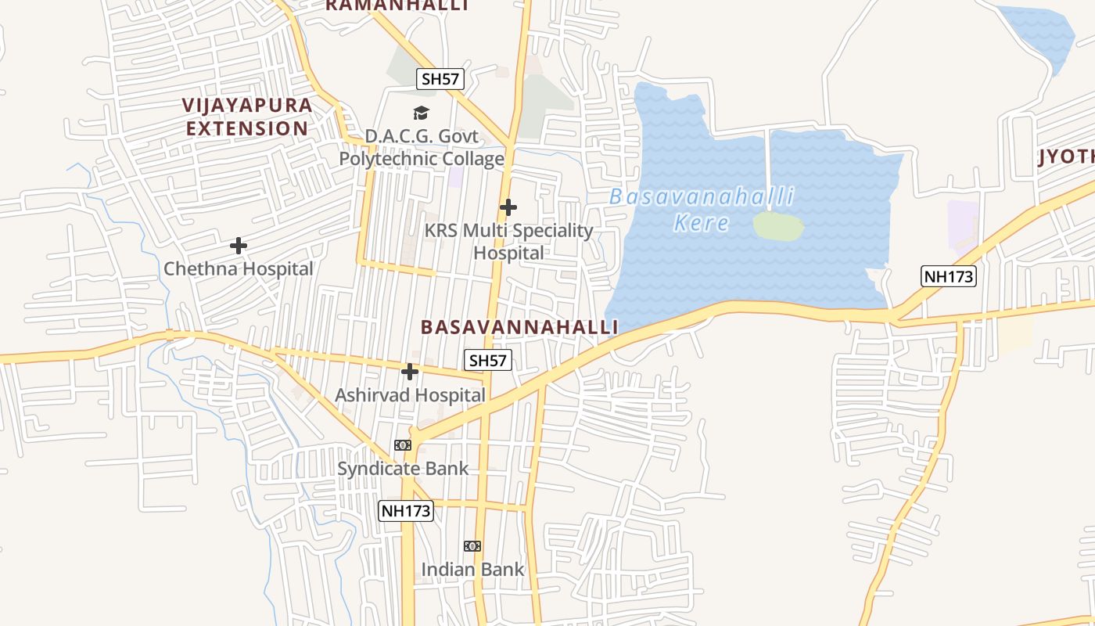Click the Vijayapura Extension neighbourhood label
click(247, 117)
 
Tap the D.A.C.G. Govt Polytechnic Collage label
click(422, 148)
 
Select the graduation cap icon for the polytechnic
click(422, 113)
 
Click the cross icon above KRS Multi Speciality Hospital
click(508, 207)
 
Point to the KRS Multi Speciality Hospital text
click(508, 242)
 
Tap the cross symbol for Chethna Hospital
click(239, 246)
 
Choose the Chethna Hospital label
click(239, 269)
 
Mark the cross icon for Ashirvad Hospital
click(410, 372)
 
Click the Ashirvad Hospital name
click(411, 395)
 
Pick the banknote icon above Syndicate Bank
click(403, 445)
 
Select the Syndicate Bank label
click(403, 469)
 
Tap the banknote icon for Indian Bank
click(472, 546)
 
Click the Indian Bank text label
click(473, 570)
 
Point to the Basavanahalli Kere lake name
click(702, 209)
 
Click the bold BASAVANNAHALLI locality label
click(519, 327)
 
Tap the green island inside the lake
click(777, 226)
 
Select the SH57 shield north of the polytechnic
click(441, 78)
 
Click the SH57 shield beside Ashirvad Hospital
click(488, 360)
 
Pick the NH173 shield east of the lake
click(950, 276)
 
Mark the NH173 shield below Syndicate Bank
click(406, 511)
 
